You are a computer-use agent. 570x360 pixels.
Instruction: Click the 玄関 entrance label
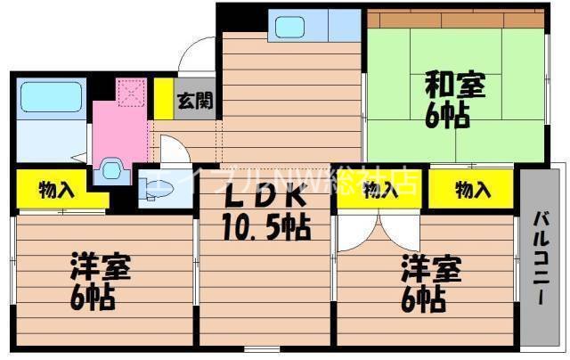tap(193, 100)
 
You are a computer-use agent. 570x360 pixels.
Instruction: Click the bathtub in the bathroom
tap(50, 96)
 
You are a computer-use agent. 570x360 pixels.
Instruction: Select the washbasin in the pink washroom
tap(111, 167)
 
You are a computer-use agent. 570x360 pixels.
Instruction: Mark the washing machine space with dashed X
tap(132, 92)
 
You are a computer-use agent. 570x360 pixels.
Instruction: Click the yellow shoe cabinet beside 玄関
tap(163, 98)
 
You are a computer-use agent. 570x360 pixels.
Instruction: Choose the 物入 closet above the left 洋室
tap(50, 188)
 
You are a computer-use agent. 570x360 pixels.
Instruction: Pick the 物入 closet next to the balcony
tap(471, 188)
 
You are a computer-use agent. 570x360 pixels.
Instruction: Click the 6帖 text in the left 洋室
tap(93, 297)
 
